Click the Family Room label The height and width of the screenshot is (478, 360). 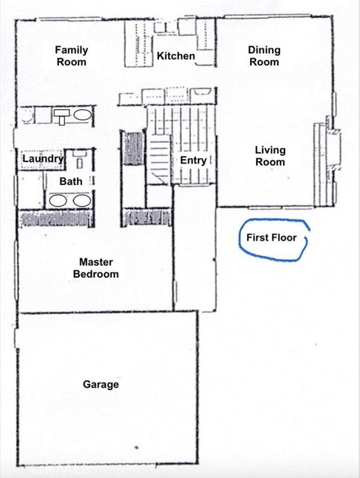point(72,56)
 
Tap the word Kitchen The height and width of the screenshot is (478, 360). point(176,56)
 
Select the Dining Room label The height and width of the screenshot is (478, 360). point(264,56)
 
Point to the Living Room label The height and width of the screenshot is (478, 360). point(270,155)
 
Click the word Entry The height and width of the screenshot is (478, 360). point(193,161)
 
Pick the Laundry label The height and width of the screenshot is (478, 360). point(43,159)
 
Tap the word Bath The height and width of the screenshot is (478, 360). point(70,181)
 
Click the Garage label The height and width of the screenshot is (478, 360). point(101,385)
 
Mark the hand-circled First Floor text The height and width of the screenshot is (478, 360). point(272,239)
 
